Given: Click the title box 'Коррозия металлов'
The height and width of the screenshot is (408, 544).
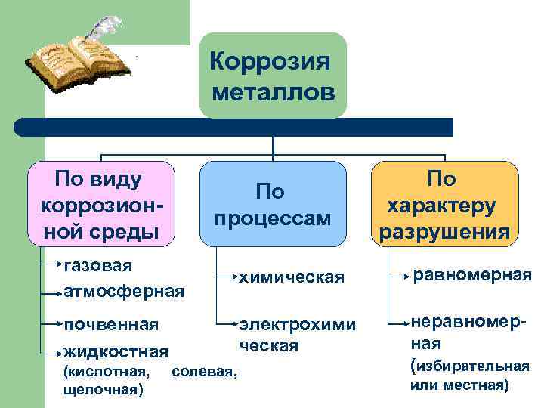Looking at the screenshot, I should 273,76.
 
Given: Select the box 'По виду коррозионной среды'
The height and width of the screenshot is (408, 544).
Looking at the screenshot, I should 101,204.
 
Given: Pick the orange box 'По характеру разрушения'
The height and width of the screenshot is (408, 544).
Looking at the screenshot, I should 445,204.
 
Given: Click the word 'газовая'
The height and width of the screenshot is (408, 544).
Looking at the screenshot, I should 98,265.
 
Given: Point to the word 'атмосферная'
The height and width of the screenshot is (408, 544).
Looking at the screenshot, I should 124,290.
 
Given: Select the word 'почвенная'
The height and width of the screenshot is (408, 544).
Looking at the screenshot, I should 111,325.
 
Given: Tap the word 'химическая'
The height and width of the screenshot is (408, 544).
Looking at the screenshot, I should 291,278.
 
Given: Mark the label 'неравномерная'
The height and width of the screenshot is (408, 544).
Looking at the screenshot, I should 466,331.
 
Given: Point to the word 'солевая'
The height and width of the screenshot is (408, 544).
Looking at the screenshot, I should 204,372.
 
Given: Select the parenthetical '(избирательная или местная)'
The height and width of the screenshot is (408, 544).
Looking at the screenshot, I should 468,376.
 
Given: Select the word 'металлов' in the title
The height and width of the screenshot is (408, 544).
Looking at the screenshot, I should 273,93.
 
